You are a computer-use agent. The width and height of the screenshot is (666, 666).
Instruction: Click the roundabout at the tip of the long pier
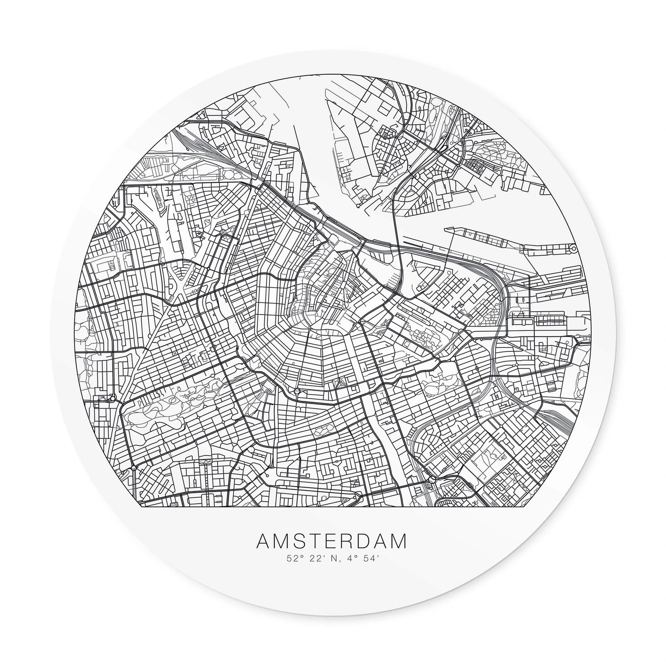pyautogui.click(x=572, y=248)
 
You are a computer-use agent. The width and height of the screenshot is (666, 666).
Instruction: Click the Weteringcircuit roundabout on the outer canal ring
pyautogui.click(x=296, y=391)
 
